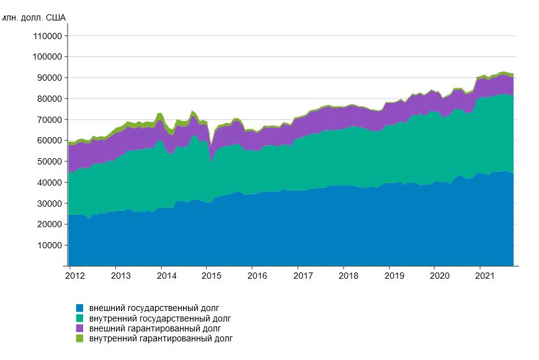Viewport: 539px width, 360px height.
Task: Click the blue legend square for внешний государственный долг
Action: pyautogui.click(x=79, y=308)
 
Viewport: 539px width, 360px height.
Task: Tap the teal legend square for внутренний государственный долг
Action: pyautogui.click(x=79, y=318)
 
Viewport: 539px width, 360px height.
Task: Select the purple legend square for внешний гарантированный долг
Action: pyautogui.click(x=79, y=328)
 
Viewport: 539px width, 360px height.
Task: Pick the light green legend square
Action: pyautogui.click(x=79, y=339)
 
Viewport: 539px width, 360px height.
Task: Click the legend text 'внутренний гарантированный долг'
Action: pyautogui.click(x=161, y=339)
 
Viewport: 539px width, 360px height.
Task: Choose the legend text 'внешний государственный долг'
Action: pyautogui.click(x=154, y=308)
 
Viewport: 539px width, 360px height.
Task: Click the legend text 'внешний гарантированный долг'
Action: pyautogui.click(x=155, y=328)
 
